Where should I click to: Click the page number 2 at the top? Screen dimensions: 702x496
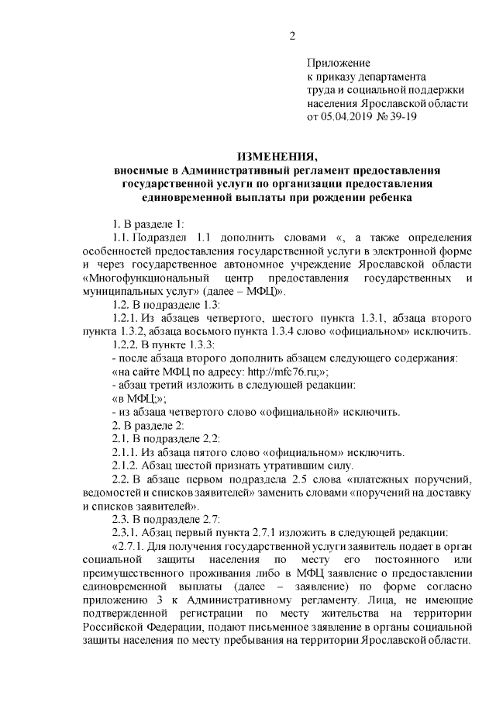click(x=293, y=35)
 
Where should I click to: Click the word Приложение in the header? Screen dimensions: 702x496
click(x=339, y=62)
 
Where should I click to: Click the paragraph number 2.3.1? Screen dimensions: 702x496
click(x=129, y=531)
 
